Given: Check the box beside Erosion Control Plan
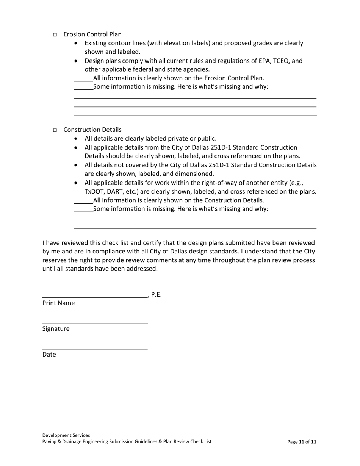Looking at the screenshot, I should (x=55, y=35).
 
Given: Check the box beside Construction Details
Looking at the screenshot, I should (x=55, y=130).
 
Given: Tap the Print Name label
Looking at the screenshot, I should (x=58, y=303).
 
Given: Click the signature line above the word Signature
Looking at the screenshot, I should (x=95, y=323).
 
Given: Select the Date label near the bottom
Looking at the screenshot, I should (x=49, y=355).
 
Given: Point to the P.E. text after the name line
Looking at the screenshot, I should (x=156, y=295).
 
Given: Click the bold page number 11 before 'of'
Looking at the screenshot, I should (x=302, y=442).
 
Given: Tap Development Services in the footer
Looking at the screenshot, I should (x=66, y=435).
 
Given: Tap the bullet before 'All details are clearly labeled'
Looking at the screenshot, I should (x=77, y=139).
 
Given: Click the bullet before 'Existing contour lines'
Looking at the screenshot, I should (x=77, y=43).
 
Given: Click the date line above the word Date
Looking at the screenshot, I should (x=95, y=349).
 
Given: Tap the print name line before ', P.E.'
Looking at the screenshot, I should (x=95, y=298).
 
